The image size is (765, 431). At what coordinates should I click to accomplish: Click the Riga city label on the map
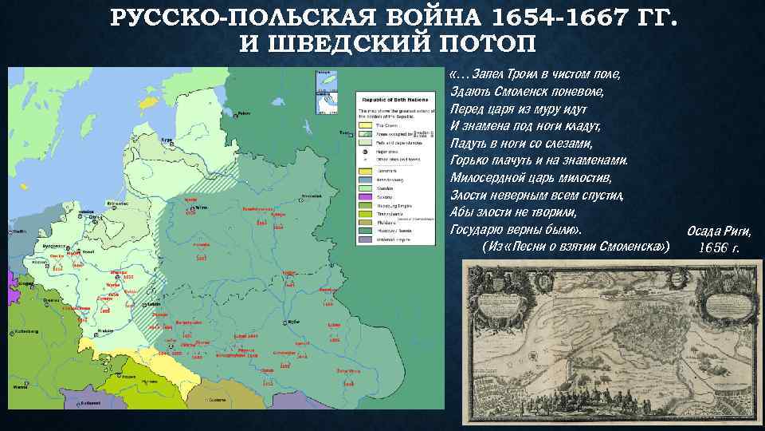point(167,140)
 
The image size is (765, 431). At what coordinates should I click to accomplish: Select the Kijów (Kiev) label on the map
point(291,318)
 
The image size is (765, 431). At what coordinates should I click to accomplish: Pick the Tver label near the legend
point(343,132)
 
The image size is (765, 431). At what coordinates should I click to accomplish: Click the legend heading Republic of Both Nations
point(390,93)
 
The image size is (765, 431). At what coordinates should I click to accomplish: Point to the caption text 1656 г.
point(719,247)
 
